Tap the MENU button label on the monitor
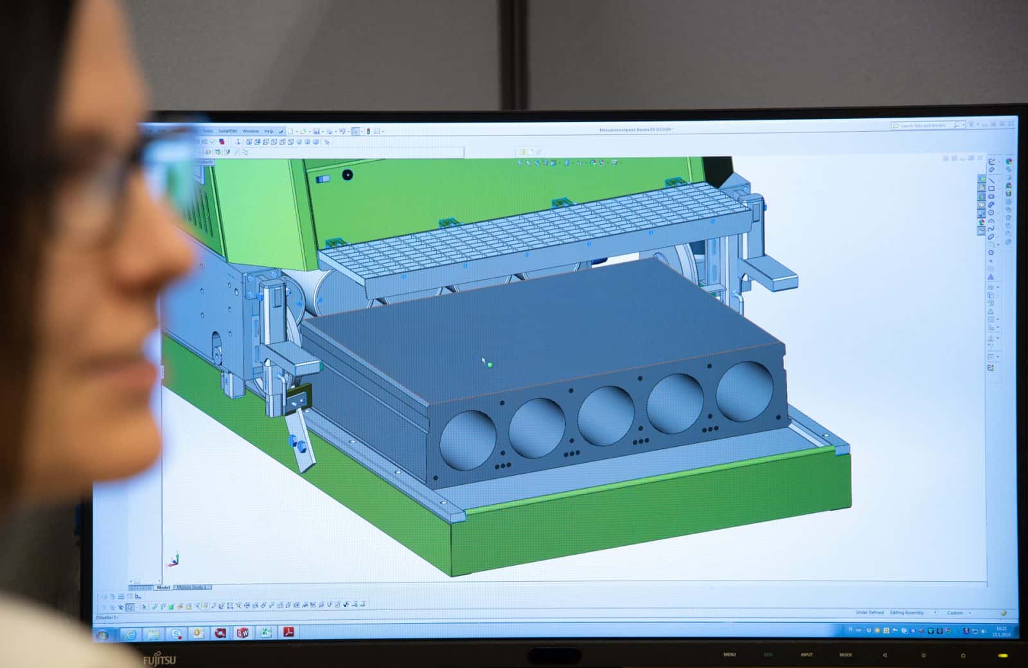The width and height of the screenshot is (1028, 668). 729,654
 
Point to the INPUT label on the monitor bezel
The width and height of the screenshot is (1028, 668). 806,654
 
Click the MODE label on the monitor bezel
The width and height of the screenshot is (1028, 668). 846,654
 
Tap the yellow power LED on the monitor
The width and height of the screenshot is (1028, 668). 1002,656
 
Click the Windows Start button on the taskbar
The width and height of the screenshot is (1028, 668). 102,635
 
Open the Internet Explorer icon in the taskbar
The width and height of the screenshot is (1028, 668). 131,635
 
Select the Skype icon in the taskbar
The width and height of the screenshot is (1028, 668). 176,634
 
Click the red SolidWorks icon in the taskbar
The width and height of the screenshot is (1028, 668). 242,633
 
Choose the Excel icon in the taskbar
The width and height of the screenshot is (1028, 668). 265,633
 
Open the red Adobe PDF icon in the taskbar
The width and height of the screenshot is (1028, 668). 289,633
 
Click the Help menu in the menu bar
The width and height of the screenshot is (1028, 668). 269,131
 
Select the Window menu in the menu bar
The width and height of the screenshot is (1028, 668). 250,131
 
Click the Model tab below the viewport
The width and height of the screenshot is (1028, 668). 163,587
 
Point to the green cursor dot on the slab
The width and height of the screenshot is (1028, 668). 490,365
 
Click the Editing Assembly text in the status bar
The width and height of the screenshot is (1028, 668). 907,613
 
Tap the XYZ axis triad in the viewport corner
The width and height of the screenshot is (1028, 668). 173,560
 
